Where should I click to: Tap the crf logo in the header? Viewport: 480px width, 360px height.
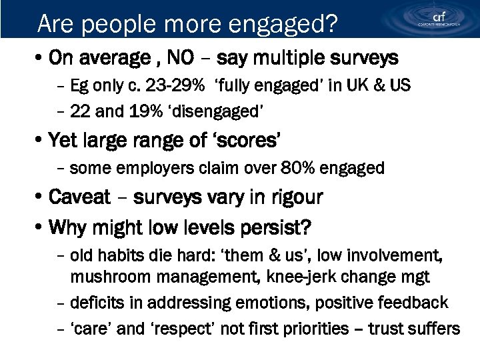point(437,18)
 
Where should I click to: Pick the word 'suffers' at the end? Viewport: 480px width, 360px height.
point(433,329)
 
